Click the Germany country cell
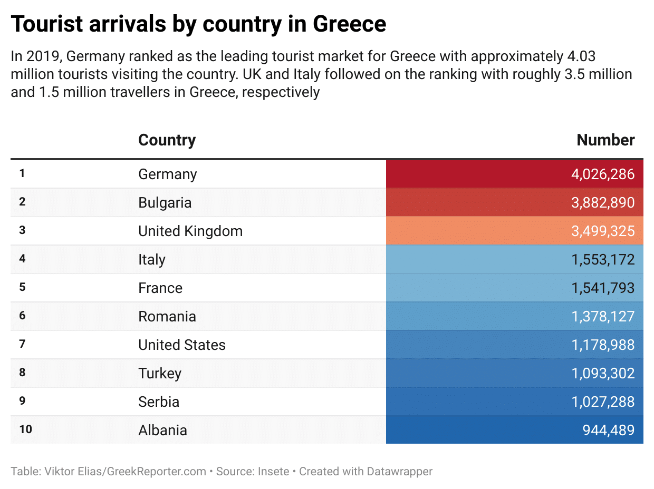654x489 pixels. click(x=168, y=174)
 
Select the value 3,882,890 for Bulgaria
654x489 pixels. click(x=603, y=203)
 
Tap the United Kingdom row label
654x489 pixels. click(x=190, y=231)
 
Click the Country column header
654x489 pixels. click(x=167, y=140)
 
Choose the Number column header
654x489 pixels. click(x=605, y=140)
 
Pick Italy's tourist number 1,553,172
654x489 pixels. click(x=603, y=260)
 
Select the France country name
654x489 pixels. click(x=160, y=288)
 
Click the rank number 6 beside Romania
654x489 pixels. click(x=22, y=316)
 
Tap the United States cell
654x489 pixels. click(x=182, y=345)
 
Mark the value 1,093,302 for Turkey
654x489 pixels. click(x=603, y=374)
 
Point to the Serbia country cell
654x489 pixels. click(x=159, y=402)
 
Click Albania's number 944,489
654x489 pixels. click(x=608, y=431)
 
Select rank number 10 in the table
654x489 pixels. click(x=25, y=430)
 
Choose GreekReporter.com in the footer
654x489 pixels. click(x=157, y=472)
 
